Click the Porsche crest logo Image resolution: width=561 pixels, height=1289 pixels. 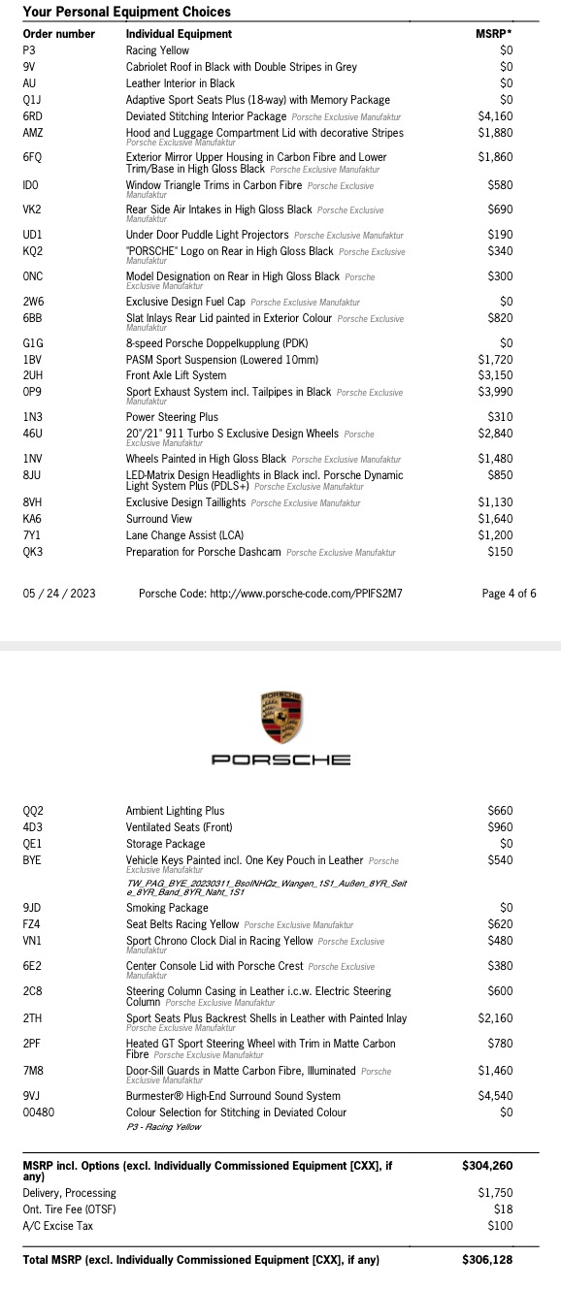[x=281, y=719]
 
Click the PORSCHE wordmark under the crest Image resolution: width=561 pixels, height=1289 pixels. [x=281, y=760]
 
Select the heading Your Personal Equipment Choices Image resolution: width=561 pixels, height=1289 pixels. [x=126, y=12]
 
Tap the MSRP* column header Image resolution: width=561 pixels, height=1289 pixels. [x=494, y=34]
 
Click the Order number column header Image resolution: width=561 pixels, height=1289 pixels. [x=58, y=34]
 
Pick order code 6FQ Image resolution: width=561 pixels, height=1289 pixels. [x=32, y=157]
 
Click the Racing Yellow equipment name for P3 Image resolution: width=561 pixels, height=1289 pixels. [x=157, y=50]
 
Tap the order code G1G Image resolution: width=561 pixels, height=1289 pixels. [x=32, y=342]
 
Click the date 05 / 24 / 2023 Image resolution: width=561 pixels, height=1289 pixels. [x=59, y=594]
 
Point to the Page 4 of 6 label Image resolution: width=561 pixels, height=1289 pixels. [x=509, y=594]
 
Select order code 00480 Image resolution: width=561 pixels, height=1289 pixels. [x=39, y=1112]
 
